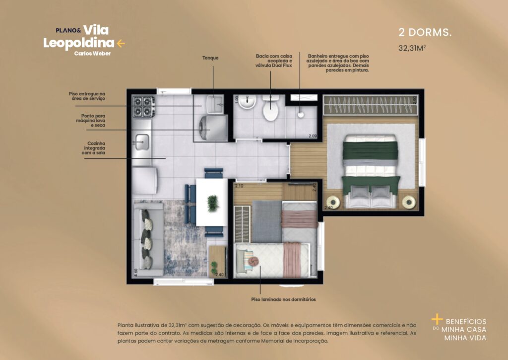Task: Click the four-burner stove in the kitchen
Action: [x=143, y=105]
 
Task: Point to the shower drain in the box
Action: [x=301, y=114]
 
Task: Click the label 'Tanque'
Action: [x=210, y=58]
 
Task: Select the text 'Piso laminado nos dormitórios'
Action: [x=284, y=299]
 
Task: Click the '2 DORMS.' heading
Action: [x=425, y=33]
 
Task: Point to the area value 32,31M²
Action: [x=413, y=48]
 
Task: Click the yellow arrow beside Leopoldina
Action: [x=121, y=43]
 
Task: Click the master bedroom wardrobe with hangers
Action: [x=370, y=105]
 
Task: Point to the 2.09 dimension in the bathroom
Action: [x=313, y=136]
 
